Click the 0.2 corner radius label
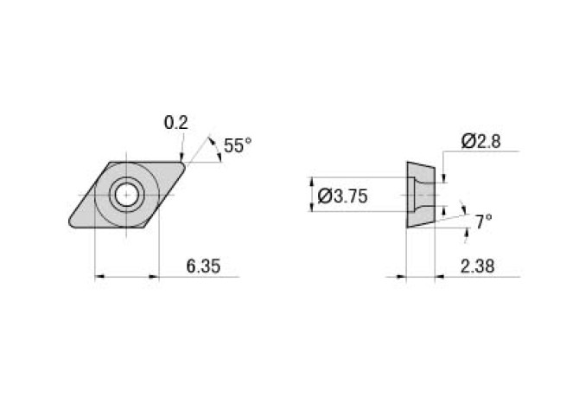(x=175, y=123)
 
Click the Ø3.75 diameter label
(x=343, y=196)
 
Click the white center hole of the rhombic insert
(x=127, y=195)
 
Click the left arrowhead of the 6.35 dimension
(x=99, y=277)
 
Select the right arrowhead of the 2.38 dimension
(x=438, y=277)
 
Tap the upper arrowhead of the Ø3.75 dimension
(x=310, y=182)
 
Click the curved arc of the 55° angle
(x=213, y=149)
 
